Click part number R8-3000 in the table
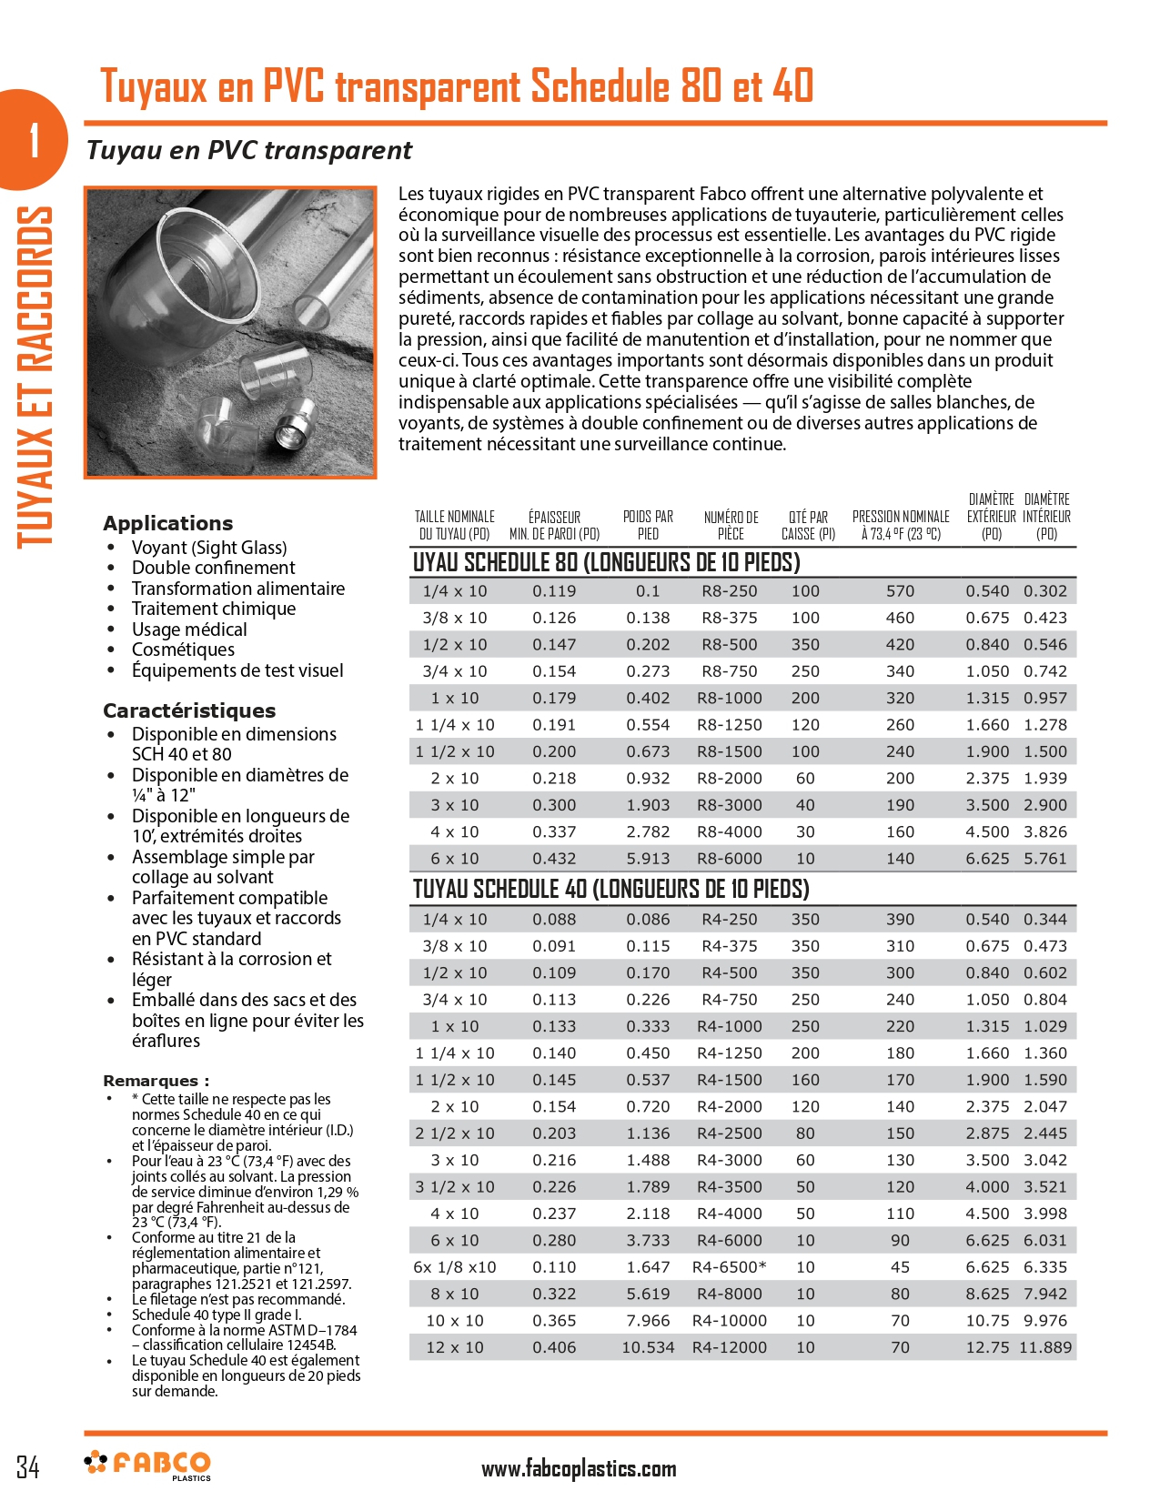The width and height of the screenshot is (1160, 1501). (x=729, y=805)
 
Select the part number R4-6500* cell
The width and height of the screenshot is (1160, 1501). (x=729, y=1267)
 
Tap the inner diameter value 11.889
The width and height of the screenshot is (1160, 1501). (x=1045, y=1347)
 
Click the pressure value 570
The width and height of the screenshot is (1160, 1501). (x=900, y=591)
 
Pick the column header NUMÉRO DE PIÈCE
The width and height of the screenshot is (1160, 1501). (x=731, y=525)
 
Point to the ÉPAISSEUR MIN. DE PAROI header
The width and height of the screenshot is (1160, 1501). (x=554, y=525)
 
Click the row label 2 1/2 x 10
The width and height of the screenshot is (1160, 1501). (x=455, y=1133)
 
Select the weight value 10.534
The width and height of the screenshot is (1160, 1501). (x=648, y=1347)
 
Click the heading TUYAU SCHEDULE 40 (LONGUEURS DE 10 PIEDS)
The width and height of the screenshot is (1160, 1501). (x=610, y=889)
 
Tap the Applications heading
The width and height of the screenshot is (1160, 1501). (x=167, y=523)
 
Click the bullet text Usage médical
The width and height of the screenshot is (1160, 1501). (x=189, y=630)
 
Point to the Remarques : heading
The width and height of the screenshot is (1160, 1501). (x=156, y=1081)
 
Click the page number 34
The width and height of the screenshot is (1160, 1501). (x=28, y=1466)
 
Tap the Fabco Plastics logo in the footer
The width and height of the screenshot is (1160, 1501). (x=147, y=1464)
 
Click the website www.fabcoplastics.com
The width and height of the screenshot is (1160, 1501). (x=579, y=1468)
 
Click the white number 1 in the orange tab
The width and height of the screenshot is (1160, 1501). (x=34, y=141)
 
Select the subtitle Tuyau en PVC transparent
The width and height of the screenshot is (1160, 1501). (x=248, y=150)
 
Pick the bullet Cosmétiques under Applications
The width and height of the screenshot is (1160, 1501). (x=183, y=650)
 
